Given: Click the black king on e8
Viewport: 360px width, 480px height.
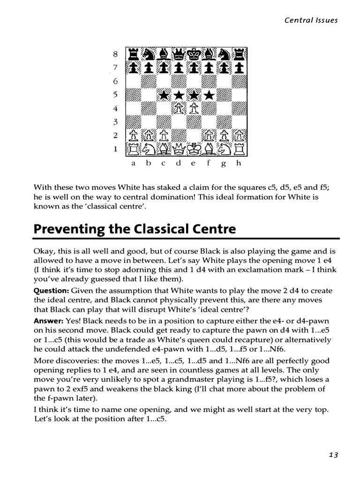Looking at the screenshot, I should click(194, 55).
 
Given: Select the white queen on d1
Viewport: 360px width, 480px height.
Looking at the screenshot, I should click(179, 149).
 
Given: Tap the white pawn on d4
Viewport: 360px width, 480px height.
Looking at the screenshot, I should click(179, 109).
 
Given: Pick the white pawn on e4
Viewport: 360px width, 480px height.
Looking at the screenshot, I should click(194, 109).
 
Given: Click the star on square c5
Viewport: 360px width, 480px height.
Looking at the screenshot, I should click(164, 95).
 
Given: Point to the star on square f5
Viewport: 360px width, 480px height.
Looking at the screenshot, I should click(209, 95).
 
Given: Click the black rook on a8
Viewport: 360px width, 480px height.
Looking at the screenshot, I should click(133, 55).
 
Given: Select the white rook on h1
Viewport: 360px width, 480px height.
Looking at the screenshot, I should click(240, 149).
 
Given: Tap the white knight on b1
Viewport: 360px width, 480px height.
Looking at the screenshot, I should click(148, 149).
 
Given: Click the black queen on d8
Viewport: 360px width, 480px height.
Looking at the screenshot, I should click(179, 55).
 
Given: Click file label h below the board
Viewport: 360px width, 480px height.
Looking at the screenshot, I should click(239, 164).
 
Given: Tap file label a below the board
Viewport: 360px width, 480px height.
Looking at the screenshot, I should click(133, 164).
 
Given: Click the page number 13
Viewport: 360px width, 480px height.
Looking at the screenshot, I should click(333, 455).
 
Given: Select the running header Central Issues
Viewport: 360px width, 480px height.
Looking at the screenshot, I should click(311, 20).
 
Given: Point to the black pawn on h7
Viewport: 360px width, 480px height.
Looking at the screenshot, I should click(240, 68).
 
